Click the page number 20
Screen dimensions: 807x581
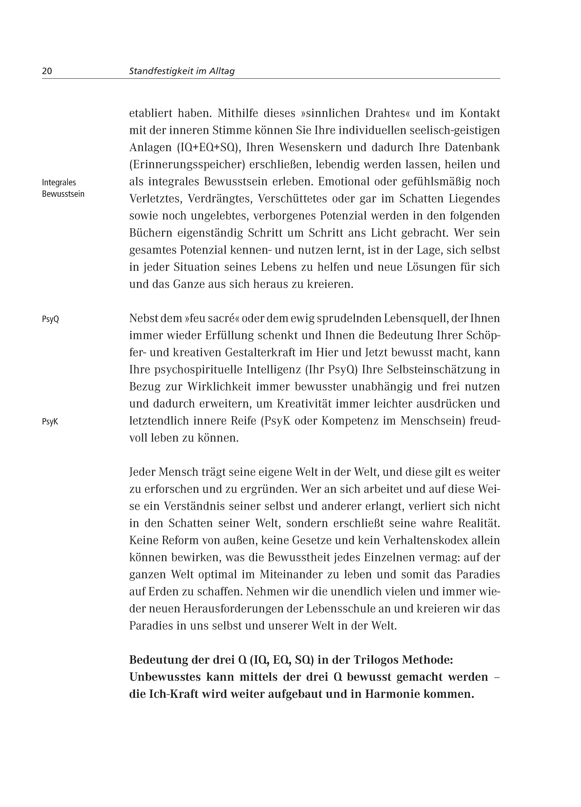click(47, 71)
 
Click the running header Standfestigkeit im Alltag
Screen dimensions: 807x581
click(182, 71)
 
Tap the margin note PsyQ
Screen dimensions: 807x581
click(50, 319)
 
